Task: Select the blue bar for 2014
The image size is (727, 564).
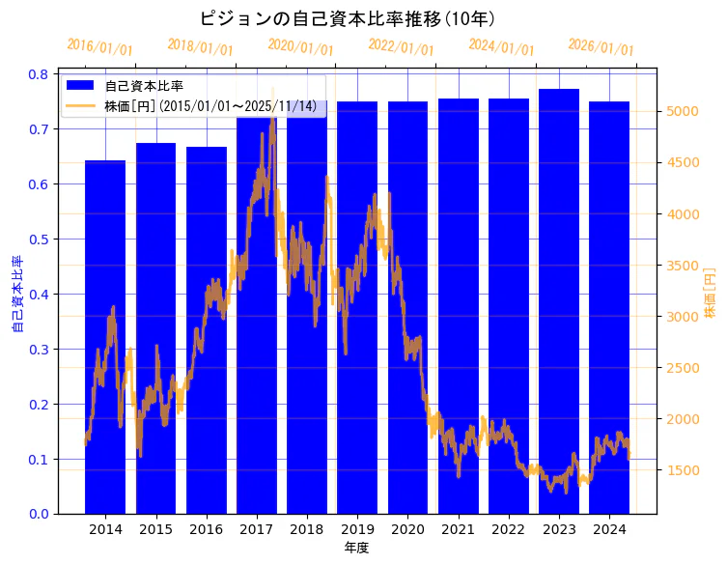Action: (x=105, y=337)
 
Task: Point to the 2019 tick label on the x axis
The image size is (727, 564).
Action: (x=357, y=529)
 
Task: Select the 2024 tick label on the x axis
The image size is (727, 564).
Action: (x=608, y=529)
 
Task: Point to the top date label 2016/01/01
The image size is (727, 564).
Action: (x=99, y=47)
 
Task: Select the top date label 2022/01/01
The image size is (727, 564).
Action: (x=401, y=47)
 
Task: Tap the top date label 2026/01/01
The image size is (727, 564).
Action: (x=601, y=47)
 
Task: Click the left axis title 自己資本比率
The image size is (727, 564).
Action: (x=16, y=295)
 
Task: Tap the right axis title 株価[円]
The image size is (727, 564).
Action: (x=710, y=295)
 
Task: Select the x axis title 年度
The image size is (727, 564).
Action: (x=356, y=548)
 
